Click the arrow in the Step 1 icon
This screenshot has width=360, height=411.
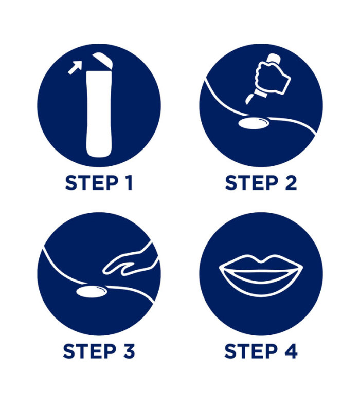click(75, 68)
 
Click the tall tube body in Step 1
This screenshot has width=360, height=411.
click(99, 113)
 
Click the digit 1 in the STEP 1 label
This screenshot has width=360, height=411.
click(129, 183)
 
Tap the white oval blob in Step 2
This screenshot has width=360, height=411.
click(254, 123)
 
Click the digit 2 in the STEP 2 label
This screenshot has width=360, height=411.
click(291, 183)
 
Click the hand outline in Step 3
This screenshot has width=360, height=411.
click(130, 261)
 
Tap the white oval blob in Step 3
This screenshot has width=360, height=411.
click(92, 292)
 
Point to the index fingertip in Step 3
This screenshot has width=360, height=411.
click(105, 272)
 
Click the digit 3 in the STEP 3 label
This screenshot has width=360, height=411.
click(130, 351)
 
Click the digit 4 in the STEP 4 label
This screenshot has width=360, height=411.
click(291, 351)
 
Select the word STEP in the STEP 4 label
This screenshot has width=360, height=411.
click(251, 351)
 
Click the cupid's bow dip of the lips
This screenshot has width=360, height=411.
click(261, 261)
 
